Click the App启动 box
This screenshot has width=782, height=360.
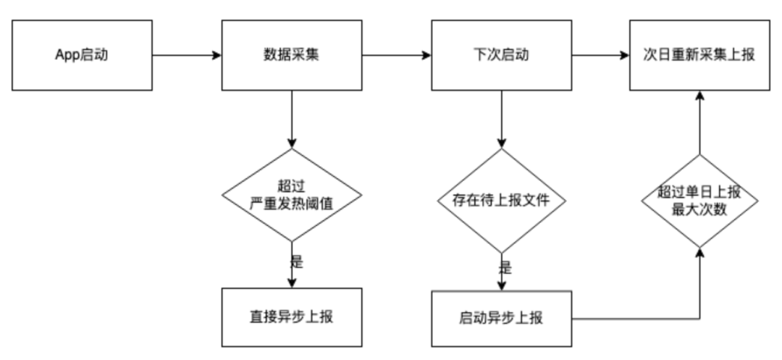(x=82, y=55)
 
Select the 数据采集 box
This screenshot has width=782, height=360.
(x=291, y=55)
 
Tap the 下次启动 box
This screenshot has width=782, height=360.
(x=501, y=55)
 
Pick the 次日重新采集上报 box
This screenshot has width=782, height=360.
(x=699, y=55)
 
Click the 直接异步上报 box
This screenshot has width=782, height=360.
(x=291, y=317)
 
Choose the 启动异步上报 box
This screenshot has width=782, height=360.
(x=501, y=318)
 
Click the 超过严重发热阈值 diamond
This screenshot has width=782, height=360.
(x=291, y=195)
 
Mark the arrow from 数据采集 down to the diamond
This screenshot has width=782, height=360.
(x=291, y=120)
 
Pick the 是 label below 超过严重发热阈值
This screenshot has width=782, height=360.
(x=296, y=261)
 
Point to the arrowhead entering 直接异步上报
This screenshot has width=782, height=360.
(x=291, y=283)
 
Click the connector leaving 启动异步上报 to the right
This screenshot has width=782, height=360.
(x=637, y=318)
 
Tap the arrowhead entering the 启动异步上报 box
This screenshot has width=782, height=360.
(x=501, y=285)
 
